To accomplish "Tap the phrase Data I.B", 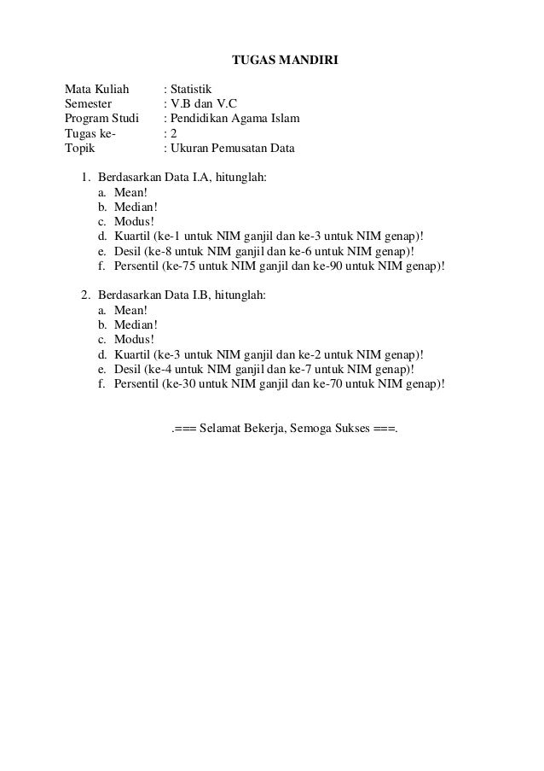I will click(x=185, y=295).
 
